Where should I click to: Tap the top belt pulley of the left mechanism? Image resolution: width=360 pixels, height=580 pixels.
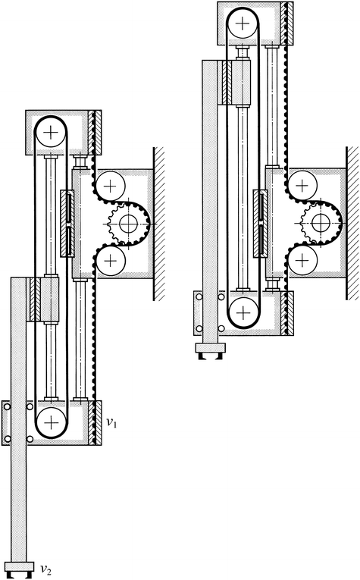coord(51,134)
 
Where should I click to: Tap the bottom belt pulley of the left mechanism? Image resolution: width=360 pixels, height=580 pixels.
coord(51,422)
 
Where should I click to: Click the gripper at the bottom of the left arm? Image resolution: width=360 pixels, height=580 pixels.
coord(20,565)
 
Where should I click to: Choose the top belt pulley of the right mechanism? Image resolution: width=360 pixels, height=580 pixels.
coord(242,24)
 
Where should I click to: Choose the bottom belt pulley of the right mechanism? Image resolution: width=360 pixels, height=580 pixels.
coord(242,311)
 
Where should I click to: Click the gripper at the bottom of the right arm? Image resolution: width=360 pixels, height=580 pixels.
coord(209,351)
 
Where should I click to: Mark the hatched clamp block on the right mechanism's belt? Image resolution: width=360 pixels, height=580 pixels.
coord(234,81)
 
